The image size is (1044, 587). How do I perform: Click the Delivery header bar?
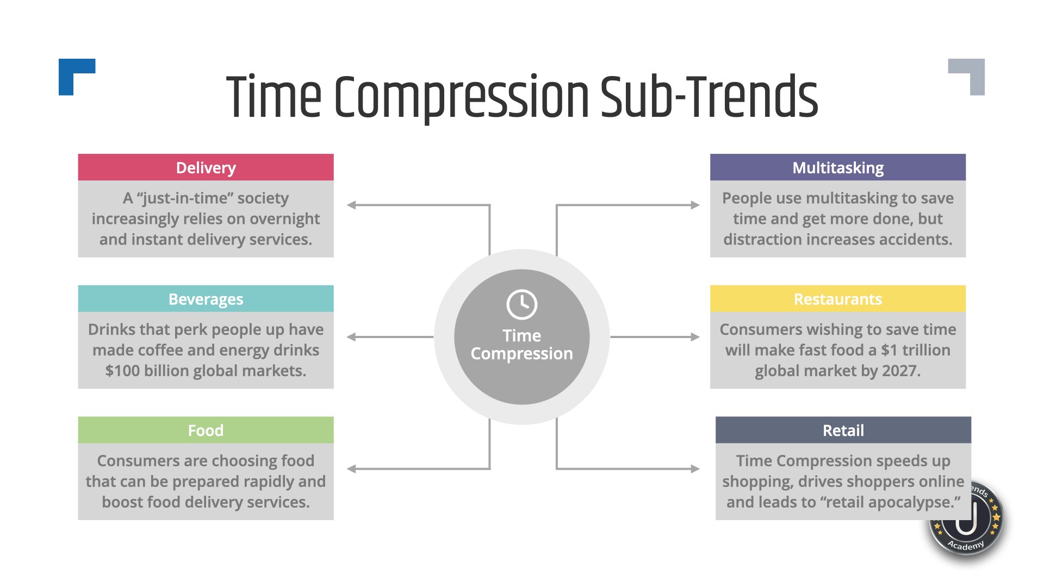[x=206, y=167]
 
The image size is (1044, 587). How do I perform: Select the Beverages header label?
[x=206, y=299]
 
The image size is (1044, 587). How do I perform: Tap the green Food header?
[x=206, y=430]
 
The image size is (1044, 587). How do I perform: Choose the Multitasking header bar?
[x=837, y=167]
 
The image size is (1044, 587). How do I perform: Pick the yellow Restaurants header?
[x=837, y=299]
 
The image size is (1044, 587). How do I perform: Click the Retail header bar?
[x=843, y=430]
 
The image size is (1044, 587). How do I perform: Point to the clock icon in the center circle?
[x=521, y=304]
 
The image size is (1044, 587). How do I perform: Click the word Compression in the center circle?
[x=521, y=354]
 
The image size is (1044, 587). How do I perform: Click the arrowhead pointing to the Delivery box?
[x=352, y=205]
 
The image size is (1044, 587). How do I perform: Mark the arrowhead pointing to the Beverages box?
[x=352, y=337]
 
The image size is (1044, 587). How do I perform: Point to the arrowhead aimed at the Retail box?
[x=695, y=469]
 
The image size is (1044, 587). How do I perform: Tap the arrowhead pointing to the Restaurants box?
[x=695, y=337]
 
